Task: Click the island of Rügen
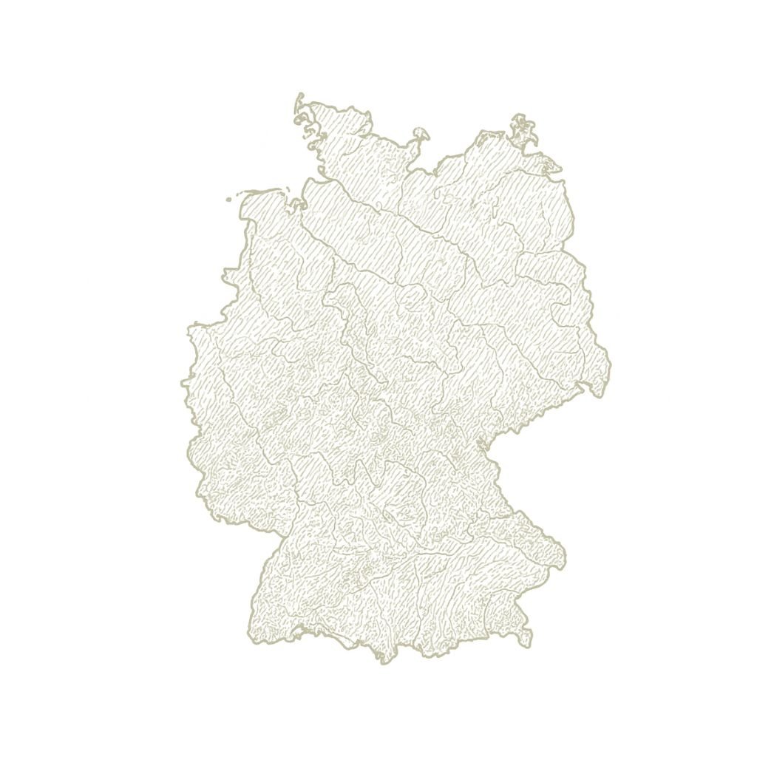click(x=525, y=130)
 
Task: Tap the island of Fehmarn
click(x=421, y=134)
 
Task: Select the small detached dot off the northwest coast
click(x=229, y=200)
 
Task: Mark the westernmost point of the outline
click(x=182, y=383)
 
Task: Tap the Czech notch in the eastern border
click(x=484, y=444)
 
